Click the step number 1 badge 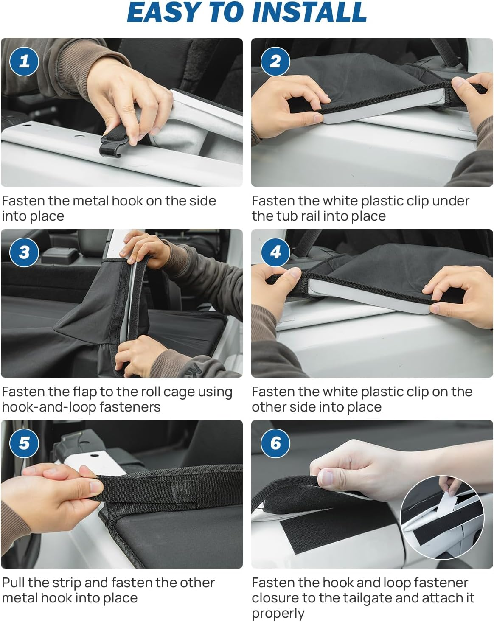click(24, 62)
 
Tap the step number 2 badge click(275, 62)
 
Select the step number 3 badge click(24, 252)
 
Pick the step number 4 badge click(275, 252)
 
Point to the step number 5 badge click(24, 443)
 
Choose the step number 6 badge click(275, 443)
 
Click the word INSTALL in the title click(309, 12)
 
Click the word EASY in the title click(163, 12)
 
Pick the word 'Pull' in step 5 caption click(13, 583)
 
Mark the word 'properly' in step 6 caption click(278, 614)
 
